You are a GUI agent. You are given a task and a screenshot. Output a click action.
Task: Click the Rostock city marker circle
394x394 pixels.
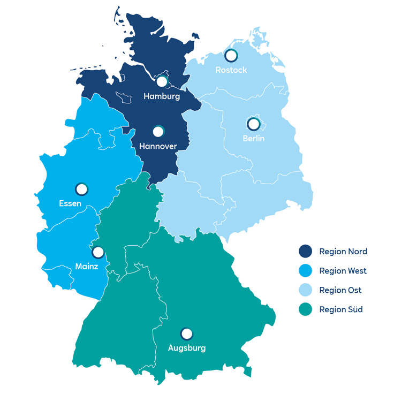pyautogui.click(x=231, y=55)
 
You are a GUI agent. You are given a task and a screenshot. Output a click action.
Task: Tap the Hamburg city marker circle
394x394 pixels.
pyautogui.click(x=162, y=82)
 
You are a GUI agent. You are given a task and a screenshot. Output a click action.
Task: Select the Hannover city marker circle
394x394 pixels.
pyautogui.click(x=158, y=132)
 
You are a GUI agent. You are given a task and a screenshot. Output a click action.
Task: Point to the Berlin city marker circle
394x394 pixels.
pyautogui.click(x=253, y=124)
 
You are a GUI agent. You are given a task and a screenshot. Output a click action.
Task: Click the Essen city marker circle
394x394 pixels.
pyautogui.click(x=81, y=189)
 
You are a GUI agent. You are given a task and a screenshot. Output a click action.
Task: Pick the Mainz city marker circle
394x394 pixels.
pyautogui.click(x=98, y=252)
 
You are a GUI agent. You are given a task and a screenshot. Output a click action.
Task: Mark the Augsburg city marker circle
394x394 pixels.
pyautogui.click(x=186, y=334)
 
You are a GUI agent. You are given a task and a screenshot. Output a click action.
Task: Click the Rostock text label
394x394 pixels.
pyautogui.click(x=231, y=70)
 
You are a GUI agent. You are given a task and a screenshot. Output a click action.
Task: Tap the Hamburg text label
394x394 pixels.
pyautogui.click(x=162, y=97)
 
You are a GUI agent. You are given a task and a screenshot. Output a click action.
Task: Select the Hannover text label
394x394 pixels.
pyautogui.click(x=158, y=146)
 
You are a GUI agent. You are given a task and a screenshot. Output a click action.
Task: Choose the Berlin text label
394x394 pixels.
pyautogui.click(x=253, y=139)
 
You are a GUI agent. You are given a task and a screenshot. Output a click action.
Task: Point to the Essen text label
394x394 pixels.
pyautogui.click(x=70, y=203)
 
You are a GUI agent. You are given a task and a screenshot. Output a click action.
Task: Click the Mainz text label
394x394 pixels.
pyautogui.click(x=86, y=267)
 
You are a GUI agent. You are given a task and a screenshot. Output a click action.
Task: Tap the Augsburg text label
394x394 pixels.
pyautogui.click(x=186, y=348)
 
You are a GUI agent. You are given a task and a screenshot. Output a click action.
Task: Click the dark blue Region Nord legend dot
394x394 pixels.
pyautogui.click(x=306, y=251)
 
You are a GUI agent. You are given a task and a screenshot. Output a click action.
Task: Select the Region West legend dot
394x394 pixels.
pyautogui.click(x=306, y=271)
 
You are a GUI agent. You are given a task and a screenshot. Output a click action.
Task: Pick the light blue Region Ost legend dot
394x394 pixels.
pyautogui.click(x=306, y=290)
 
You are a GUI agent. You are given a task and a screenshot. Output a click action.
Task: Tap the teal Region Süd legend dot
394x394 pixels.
pyautogui.click(x=306, y=309)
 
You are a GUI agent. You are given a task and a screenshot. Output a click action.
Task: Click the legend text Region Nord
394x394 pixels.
pyautogui.click(x=343, y=251)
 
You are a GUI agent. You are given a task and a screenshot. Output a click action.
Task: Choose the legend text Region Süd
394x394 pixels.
pyautogui.click(x=340, y=309)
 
